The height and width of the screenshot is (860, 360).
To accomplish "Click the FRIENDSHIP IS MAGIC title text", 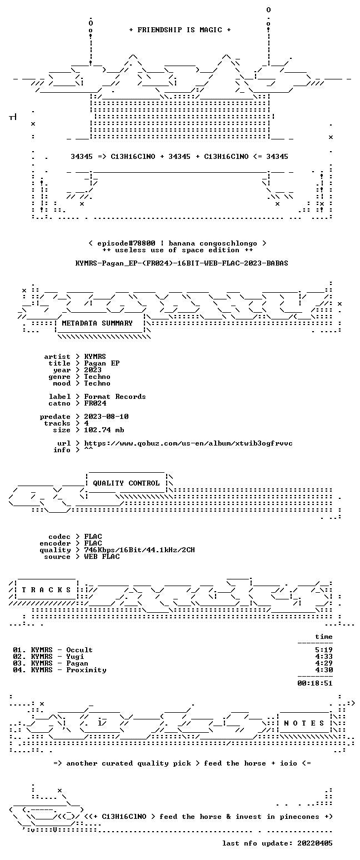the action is pyautogui.click(x=180, y=30).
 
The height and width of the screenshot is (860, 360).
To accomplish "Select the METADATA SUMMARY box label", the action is pyautogui.click(x=97, y=323).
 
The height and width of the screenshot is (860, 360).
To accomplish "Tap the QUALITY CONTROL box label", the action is pyautogui.click(x=126, y=483).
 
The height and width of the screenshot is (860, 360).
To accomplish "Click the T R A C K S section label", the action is pyautogui.click(x=47, y=589).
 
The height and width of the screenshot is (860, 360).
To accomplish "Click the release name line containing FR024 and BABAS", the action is pyautogui.click(x=182, y=263).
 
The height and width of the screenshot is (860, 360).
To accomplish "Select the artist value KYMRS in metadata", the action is pyautogui.click(x=95, y=357).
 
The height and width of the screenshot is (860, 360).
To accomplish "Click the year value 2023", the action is pyautogui.click(x=93, y=370).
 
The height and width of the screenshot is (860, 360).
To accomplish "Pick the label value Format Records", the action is pyautogui.click(x=115, y=397).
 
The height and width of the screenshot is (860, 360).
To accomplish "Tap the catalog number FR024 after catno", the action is pyautogui.click(x=95, y=403).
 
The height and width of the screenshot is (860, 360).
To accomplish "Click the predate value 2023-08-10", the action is pyautogui.click(x=106, y=417).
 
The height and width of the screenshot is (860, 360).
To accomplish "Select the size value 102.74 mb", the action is pyautogui.click(x=104, y=430).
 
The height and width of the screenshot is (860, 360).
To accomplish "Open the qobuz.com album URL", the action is pyautogui.click(x=188, y=443).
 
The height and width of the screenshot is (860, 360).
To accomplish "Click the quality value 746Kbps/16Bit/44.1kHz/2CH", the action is pyautogui.click(x=139, y=550).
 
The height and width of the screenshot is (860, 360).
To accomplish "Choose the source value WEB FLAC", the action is pyautogui.click(x=102, y=557).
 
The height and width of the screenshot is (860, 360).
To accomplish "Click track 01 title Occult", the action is pyautogui.click(x=79, y=650).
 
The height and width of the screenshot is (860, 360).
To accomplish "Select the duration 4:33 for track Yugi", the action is pyautogui.click(x=324, y=657).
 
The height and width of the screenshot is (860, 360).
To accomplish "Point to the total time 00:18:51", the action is pyautogui.click(x=314, y=683).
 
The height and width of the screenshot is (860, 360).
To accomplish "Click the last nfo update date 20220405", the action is pyautogui.click(x=314, y=843).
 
